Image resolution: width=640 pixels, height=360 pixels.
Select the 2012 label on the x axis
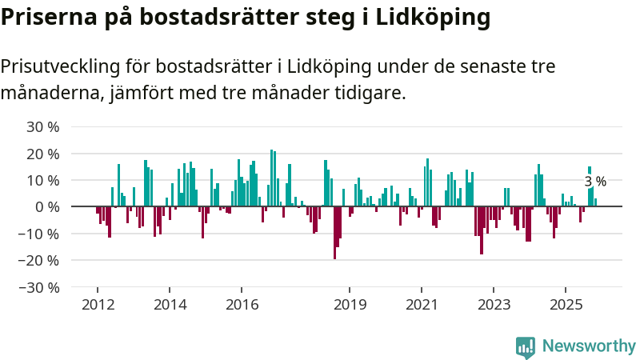click(98, 305)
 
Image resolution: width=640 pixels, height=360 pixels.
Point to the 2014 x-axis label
click(170, 305)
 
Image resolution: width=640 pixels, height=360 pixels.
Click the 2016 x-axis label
click(242, 305)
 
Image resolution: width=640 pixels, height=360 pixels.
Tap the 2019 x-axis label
click(350, 305)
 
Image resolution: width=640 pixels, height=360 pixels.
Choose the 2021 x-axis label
click(422, 305)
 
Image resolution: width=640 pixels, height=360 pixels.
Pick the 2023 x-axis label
click(494, 305)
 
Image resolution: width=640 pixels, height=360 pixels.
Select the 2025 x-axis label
click(566, 305)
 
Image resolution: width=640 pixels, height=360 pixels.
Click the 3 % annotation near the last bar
click(595, 182)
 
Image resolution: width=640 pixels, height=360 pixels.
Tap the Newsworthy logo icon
click(526, 346)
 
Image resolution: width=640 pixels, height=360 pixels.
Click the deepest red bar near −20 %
click(334, 233)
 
